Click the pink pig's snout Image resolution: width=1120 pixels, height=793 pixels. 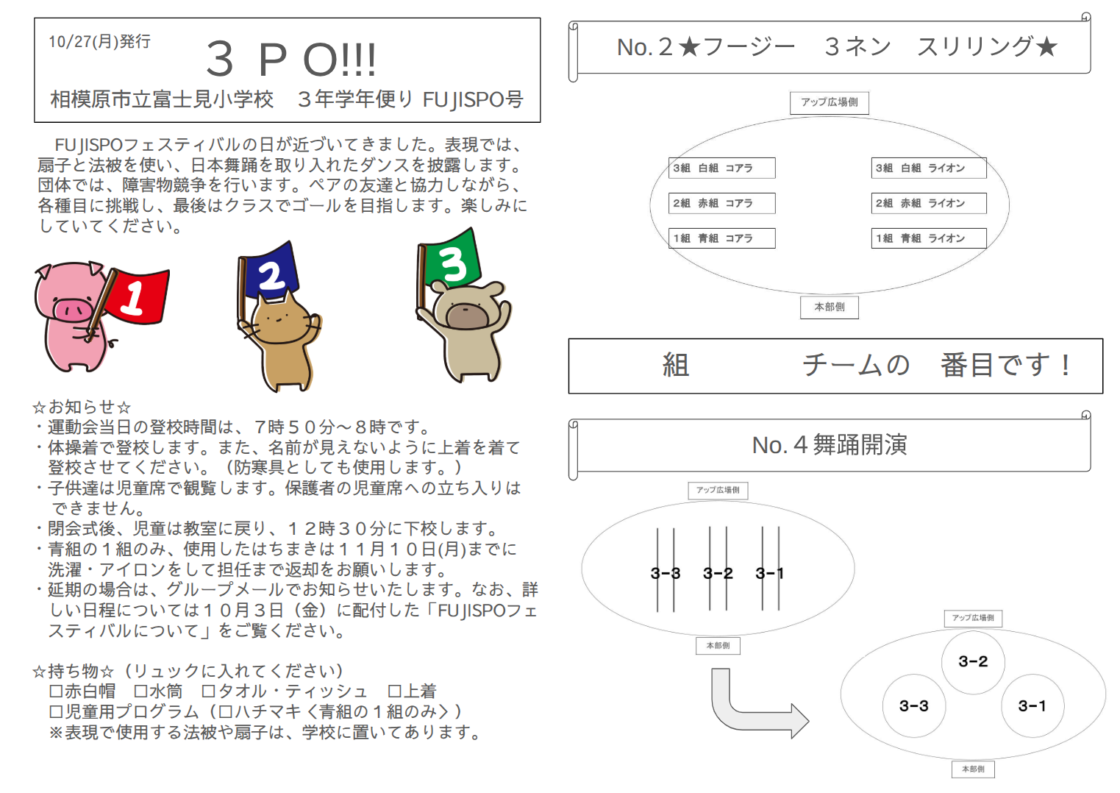74,310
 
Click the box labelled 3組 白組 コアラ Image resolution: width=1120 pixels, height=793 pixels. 721,168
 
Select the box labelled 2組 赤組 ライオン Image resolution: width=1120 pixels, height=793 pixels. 929,203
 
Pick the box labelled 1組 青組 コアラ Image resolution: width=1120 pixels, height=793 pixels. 721,238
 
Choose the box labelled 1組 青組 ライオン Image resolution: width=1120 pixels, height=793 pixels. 929,238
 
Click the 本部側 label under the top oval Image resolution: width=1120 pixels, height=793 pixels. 829,307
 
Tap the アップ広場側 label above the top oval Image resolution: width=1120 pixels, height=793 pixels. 829,102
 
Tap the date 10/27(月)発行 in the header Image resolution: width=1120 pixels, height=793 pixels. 99,41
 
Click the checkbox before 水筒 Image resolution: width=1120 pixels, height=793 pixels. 141,691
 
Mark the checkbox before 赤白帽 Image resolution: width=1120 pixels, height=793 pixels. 56,691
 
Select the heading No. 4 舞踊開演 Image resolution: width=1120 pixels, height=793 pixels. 829,444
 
